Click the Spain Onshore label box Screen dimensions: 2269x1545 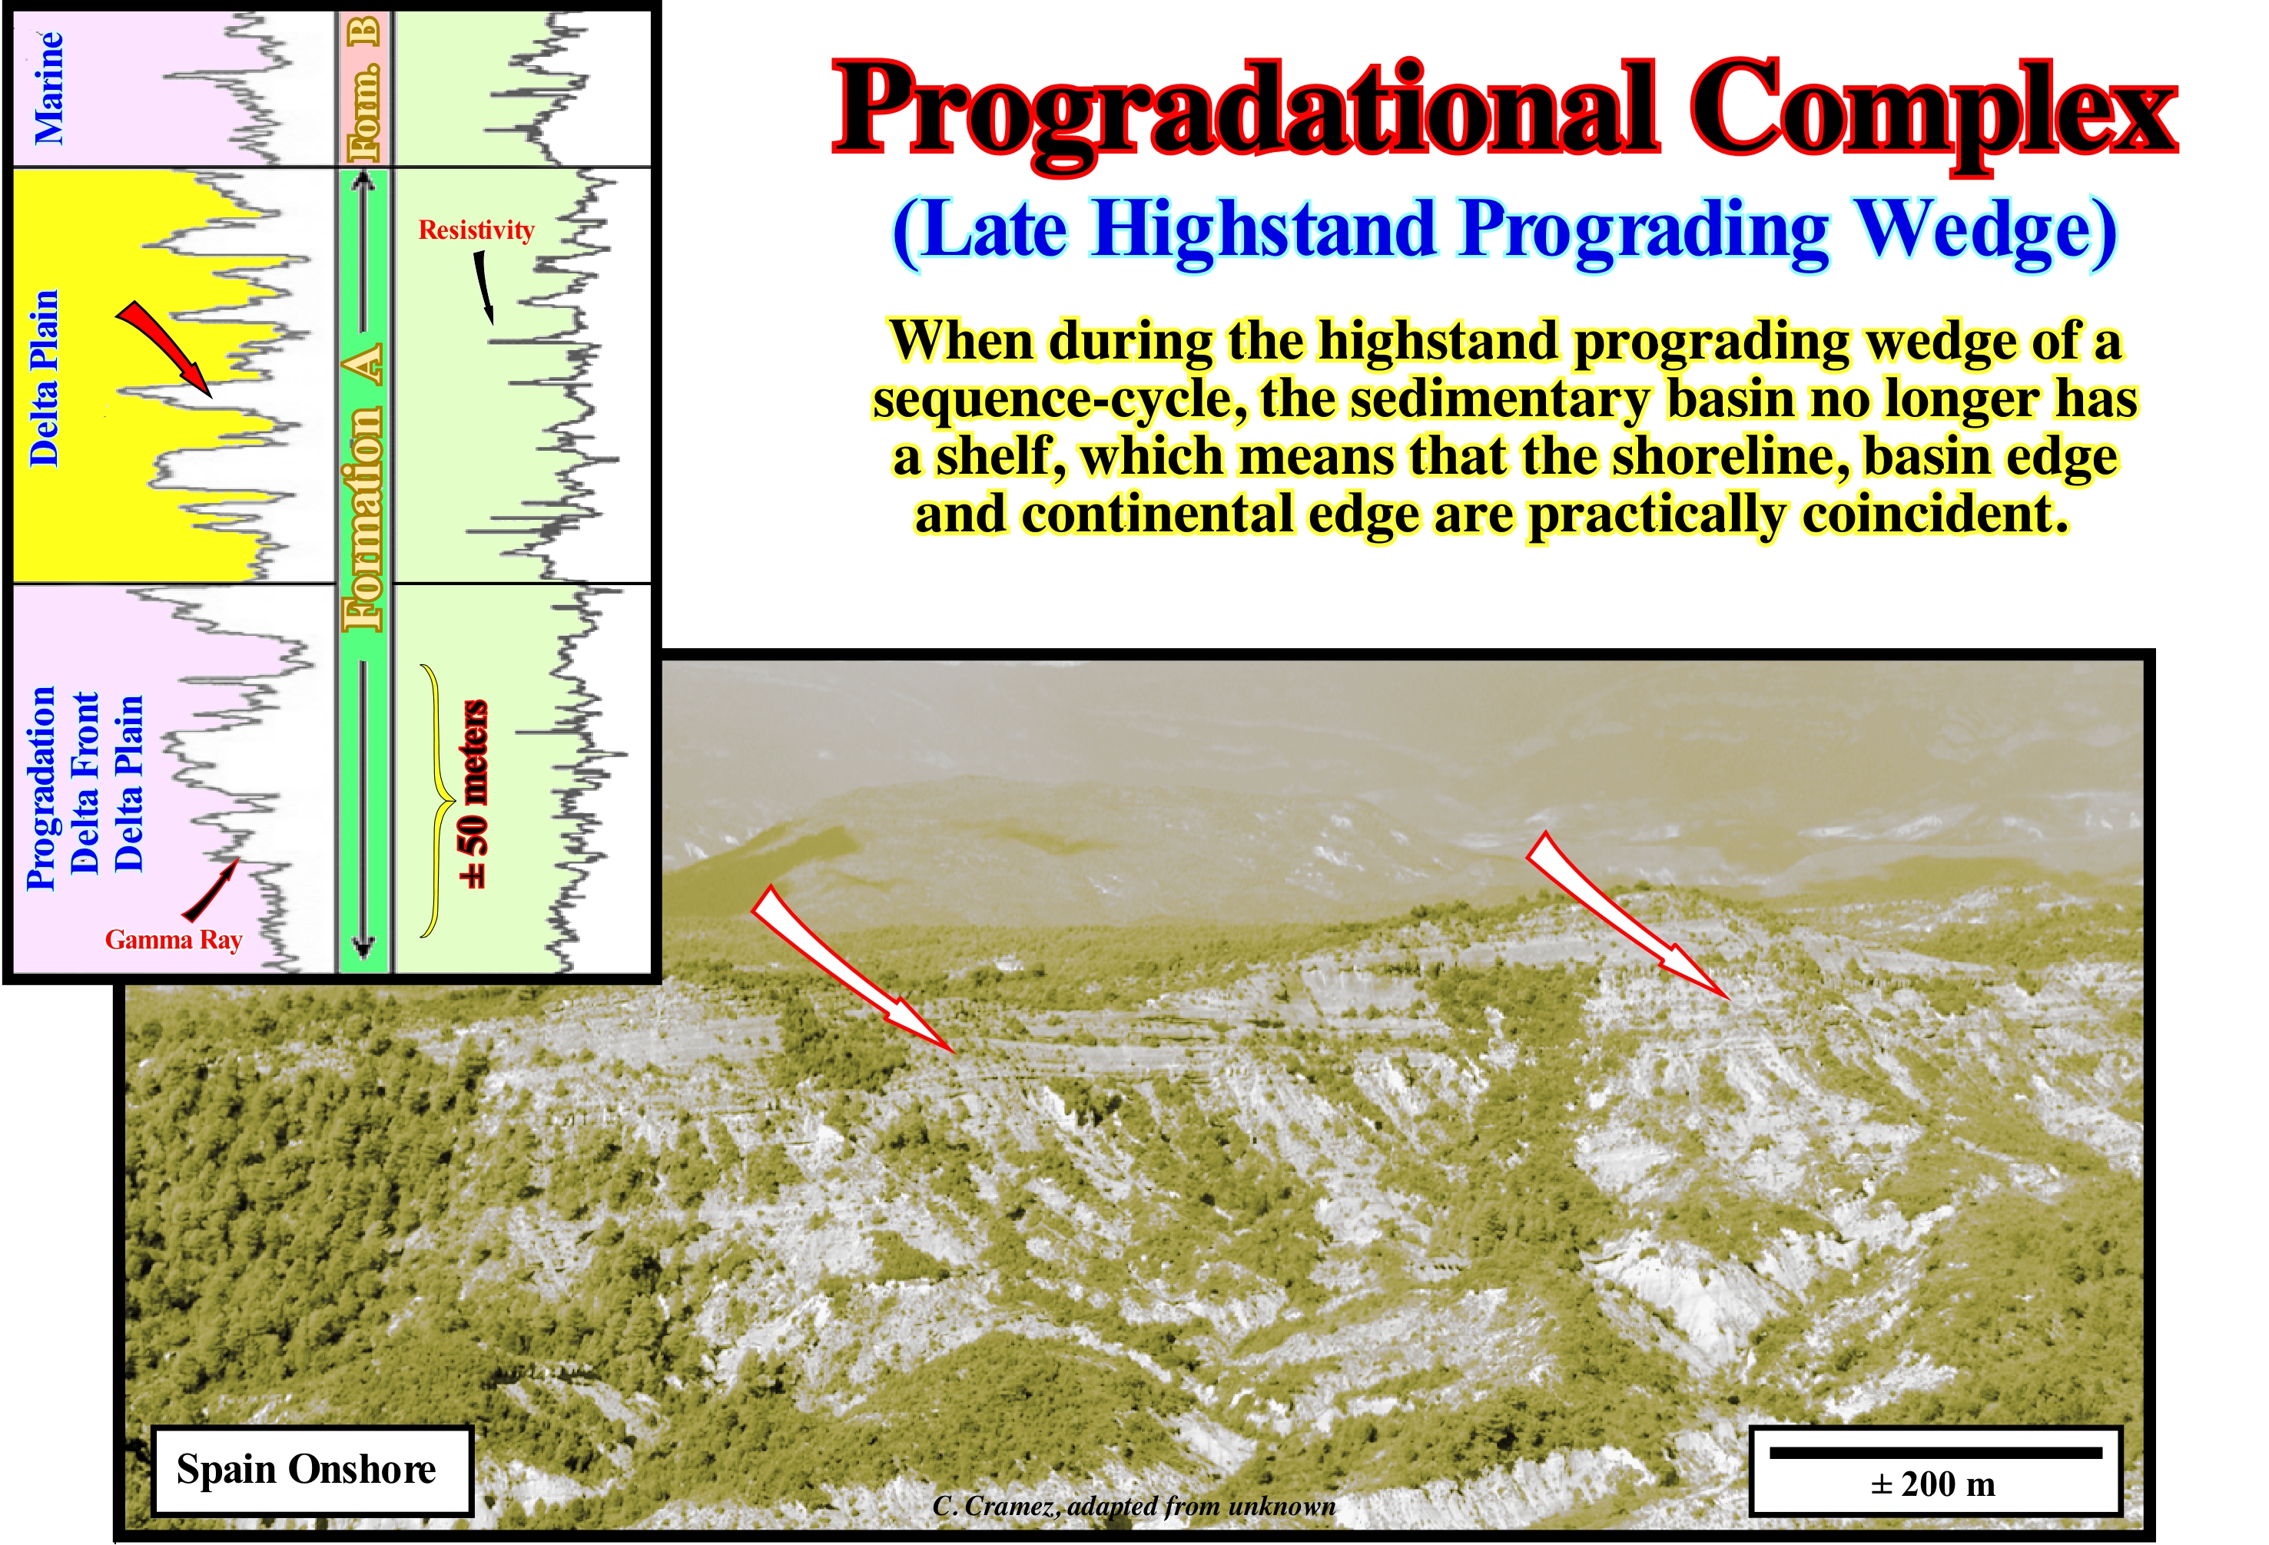click(x=311, y=1470)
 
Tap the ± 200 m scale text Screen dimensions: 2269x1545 click(x=1932, y=1485)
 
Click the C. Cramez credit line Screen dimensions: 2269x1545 click(x=1133, y=1507)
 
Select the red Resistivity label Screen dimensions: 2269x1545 click(x=476, y=230)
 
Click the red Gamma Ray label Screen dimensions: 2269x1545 click(x=174, y=940)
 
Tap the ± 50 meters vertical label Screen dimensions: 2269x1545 click(x=473, y=795)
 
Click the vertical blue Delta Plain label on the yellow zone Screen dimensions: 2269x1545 click(x=44, y=379)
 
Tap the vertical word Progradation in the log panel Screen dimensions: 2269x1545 click(x=41, y=789)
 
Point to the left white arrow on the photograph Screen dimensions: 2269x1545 click(x=852, y=968)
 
